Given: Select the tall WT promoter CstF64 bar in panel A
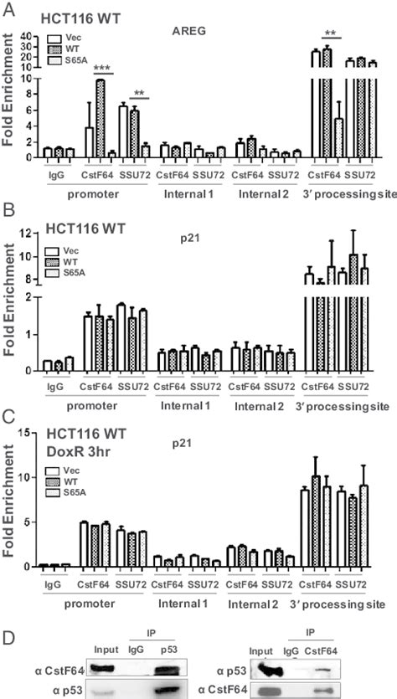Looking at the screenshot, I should point(101,117).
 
